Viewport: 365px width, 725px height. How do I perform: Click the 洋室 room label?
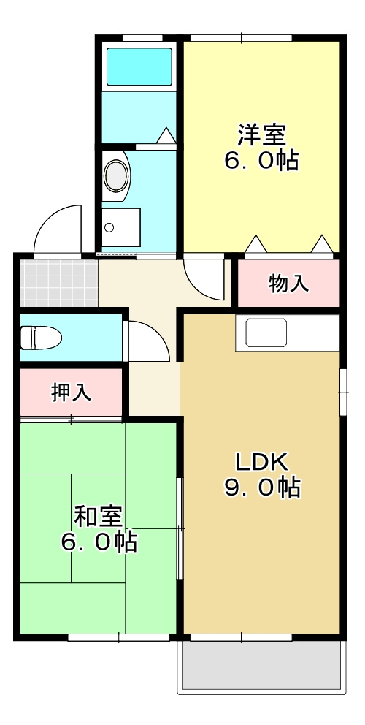click(261, 135)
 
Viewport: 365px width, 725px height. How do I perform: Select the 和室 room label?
click(99, 517)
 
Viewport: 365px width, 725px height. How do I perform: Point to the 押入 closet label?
click(71, 392)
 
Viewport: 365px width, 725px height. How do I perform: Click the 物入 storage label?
click(288, 283)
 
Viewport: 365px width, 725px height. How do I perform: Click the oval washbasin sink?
click(117, 176)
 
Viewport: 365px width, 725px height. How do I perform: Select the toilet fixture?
click(40, 337)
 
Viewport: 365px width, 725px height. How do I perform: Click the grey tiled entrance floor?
click(58, 282)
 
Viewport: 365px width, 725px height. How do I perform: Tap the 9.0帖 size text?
click(262, 487)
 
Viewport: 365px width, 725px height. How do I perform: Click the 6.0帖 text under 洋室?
click(261, 161)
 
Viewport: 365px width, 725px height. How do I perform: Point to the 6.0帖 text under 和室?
click(99, 542)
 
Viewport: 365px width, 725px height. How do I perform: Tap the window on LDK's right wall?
click(342, 392)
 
